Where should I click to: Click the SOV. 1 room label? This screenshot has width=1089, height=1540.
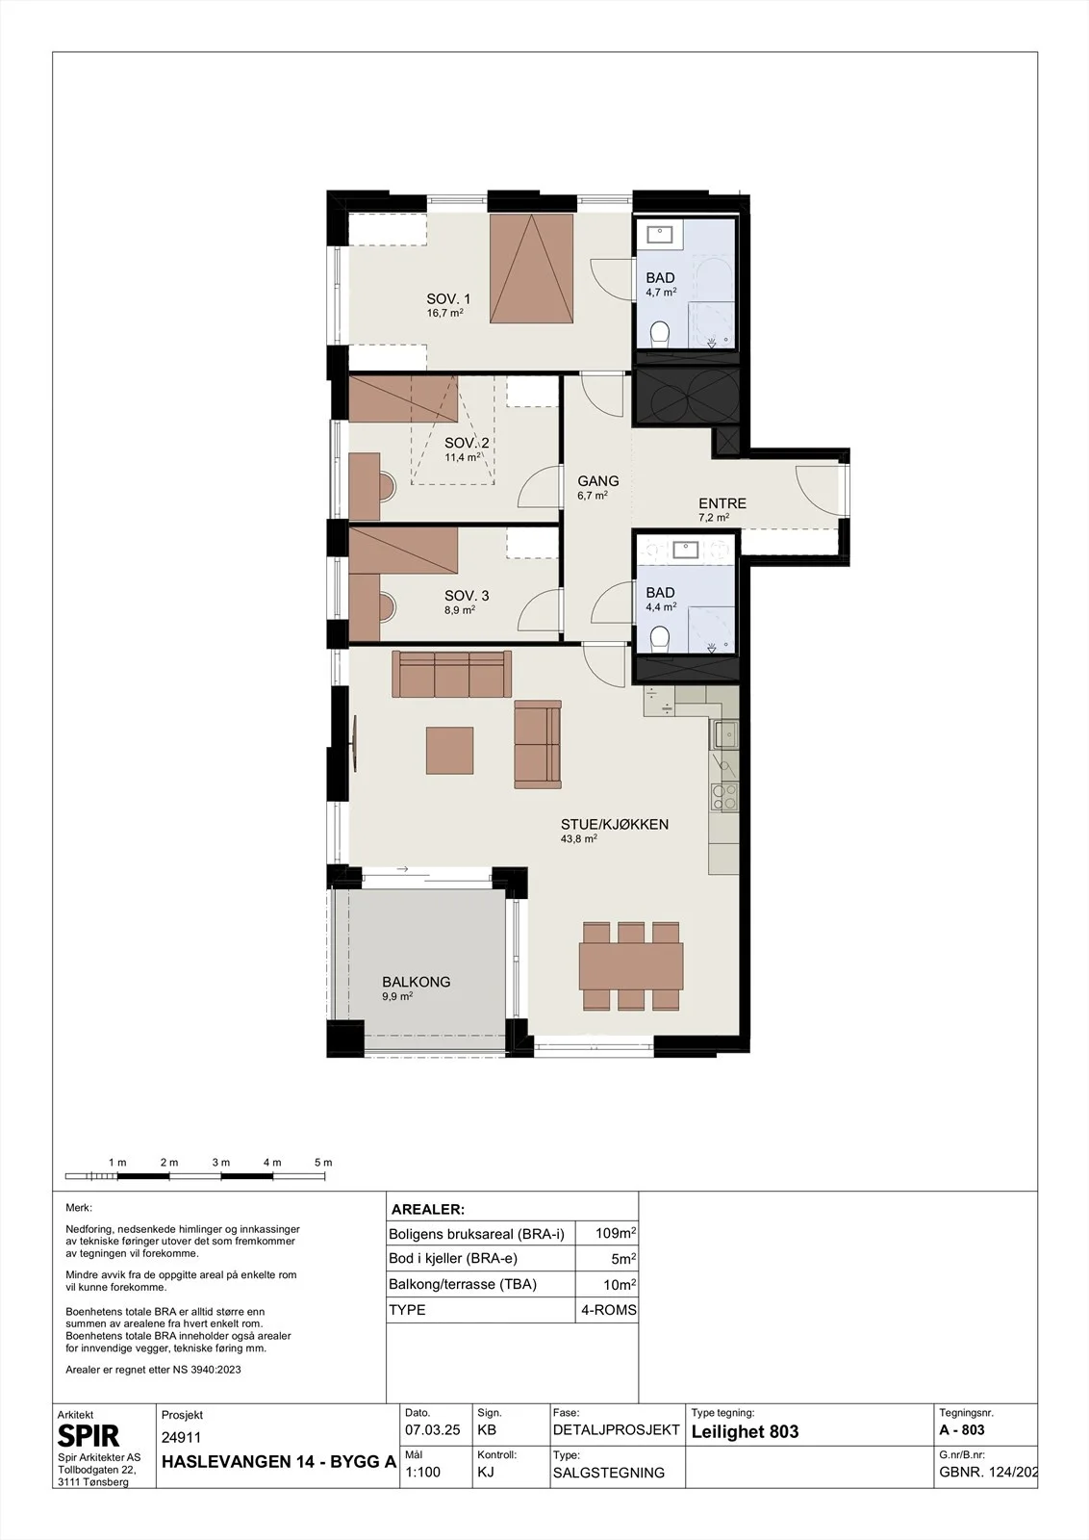point(448,299)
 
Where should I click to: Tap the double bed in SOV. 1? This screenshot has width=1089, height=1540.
point(531,269)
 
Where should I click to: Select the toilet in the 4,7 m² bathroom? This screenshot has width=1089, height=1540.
point(660,334)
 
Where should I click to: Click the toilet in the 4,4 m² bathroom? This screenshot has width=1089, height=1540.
point(660,637)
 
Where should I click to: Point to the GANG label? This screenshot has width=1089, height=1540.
point(597,481)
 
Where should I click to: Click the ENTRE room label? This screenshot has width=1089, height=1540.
point(722,503)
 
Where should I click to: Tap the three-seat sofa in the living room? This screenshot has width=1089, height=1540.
point(451,674)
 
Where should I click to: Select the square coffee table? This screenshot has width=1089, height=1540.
point(450,751)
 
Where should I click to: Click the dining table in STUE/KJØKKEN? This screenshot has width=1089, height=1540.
point(631,966)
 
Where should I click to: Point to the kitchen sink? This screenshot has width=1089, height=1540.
point(724,734)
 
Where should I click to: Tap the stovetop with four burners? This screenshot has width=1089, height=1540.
point(724,797)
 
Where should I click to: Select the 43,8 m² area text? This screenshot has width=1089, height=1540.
point(578,838)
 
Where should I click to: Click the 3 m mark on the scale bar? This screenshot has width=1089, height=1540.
point(220,1163)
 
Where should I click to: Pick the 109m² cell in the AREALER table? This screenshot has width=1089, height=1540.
point(616,1233)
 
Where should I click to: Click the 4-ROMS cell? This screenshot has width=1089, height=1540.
point(609,1310)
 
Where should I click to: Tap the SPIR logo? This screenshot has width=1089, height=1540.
point(88,1436)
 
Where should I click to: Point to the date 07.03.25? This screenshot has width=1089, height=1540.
point(432,1430)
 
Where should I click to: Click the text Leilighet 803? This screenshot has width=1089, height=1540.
point(745,1432)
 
